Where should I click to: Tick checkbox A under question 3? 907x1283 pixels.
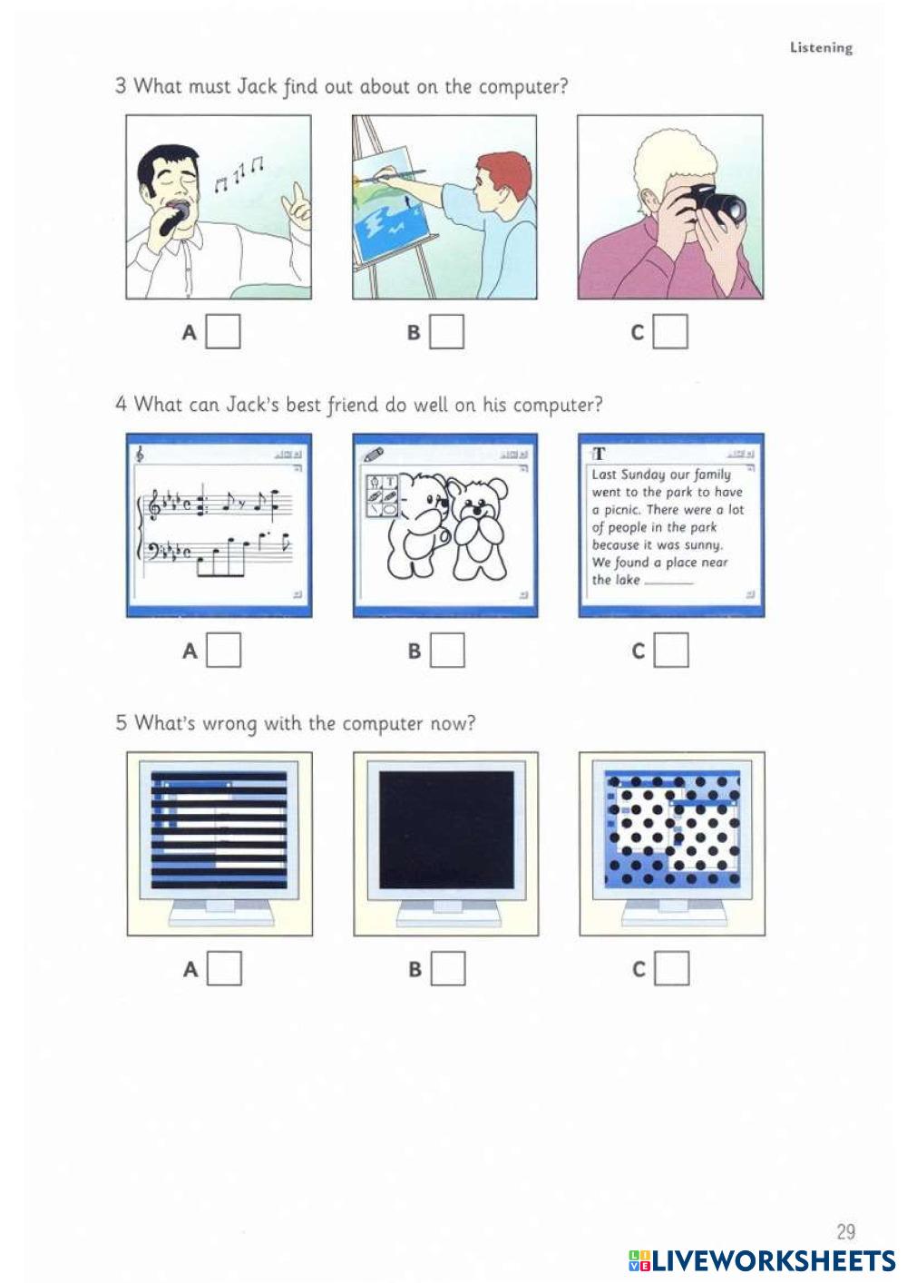[x=223, y=331]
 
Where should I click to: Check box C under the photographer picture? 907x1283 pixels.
[x=670, y=331]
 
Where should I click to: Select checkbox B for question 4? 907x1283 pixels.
[x=447, y=650]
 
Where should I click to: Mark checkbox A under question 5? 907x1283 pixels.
[x=224, y=968]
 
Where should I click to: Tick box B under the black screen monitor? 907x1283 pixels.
[x=448, y=968]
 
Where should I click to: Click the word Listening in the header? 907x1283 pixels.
[x=821, y=47]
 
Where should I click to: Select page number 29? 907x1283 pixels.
[x=845, y=1231]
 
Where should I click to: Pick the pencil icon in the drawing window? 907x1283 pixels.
[x=374, y=455]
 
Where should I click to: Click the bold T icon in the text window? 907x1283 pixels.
[x=599, y=455]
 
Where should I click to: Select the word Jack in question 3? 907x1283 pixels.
[x=257, y=86]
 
